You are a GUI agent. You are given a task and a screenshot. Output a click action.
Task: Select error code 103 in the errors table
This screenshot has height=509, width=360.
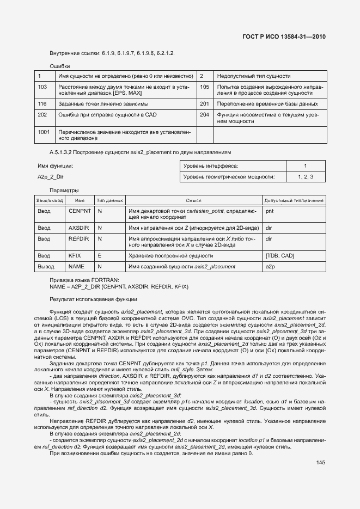[x=42, y=87]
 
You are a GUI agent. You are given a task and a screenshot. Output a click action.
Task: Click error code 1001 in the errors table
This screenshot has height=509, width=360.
[x=44, y=132]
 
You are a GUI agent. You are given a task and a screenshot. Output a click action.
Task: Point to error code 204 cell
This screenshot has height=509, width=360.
[x=205, y=115]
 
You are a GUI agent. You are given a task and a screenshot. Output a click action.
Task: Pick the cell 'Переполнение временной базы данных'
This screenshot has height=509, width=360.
[x=267, y=103]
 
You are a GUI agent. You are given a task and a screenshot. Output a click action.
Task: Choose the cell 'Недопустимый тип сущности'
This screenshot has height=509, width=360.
[x=253, y=76]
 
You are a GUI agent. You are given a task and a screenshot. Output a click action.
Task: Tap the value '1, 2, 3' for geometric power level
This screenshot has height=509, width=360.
[x=306, y=177]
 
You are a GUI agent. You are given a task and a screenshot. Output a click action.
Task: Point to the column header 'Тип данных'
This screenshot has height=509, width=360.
[x=109, y=201]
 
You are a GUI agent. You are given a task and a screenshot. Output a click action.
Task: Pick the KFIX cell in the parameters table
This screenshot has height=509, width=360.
[x=75, y=255]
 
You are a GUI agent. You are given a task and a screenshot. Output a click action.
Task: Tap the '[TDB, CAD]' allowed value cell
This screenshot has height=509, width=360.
[x=279, y=255]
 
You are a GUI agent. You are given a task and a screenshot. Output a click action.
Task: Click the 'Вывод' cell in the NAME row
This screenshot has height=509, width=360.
[x=45, y=267]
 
